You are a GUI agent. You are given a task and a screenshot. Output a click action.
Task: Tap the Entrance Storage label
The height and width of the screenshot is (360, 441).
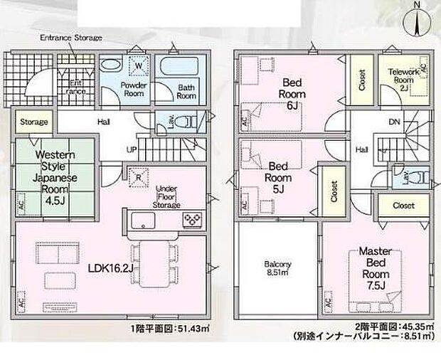click(70, 37)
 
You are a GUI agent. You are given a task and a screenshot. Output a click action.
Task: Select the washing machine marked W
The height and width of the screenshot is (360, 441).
click(137, 68)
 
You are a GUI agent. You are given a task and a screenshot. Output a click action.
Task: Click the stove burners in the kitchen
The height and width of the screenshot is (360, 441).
click(192, 218)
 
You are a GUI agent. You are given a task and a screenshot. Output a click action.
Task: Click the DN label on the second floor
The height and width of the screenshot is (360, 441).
click(394, 122)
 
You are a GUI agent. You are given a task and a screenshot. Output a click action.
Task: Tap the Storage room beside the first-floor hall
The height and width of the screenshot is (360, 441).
click(33, 122)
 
